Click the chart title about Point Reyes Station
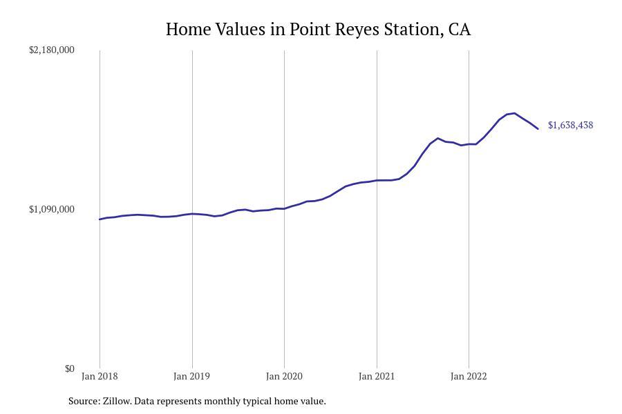pos(318,30)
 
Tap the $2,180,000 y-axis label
pos(52,50)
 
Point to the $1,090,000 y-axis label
pos(52,209)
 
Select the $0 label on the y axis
pos(69,368)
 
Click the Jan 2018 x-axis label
pos(100,377)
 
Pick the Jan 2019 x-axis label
pos(192,377)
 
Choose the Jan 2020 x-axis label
pos(284,377)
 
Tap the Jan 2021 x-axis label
pos(377,377)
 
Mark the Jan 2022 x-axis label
pos(469,377)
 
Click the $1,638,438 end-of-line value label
pos(570,126)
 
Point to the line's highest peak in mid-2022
pos(514,113)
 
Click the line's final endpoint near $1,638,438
pos(538,128)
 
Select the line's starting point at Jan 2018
pos(100,219)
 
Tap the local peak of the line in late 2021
pos(437,138)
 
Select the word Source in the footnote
pos(83,401)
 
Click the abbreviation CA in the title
pos(459,30)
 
